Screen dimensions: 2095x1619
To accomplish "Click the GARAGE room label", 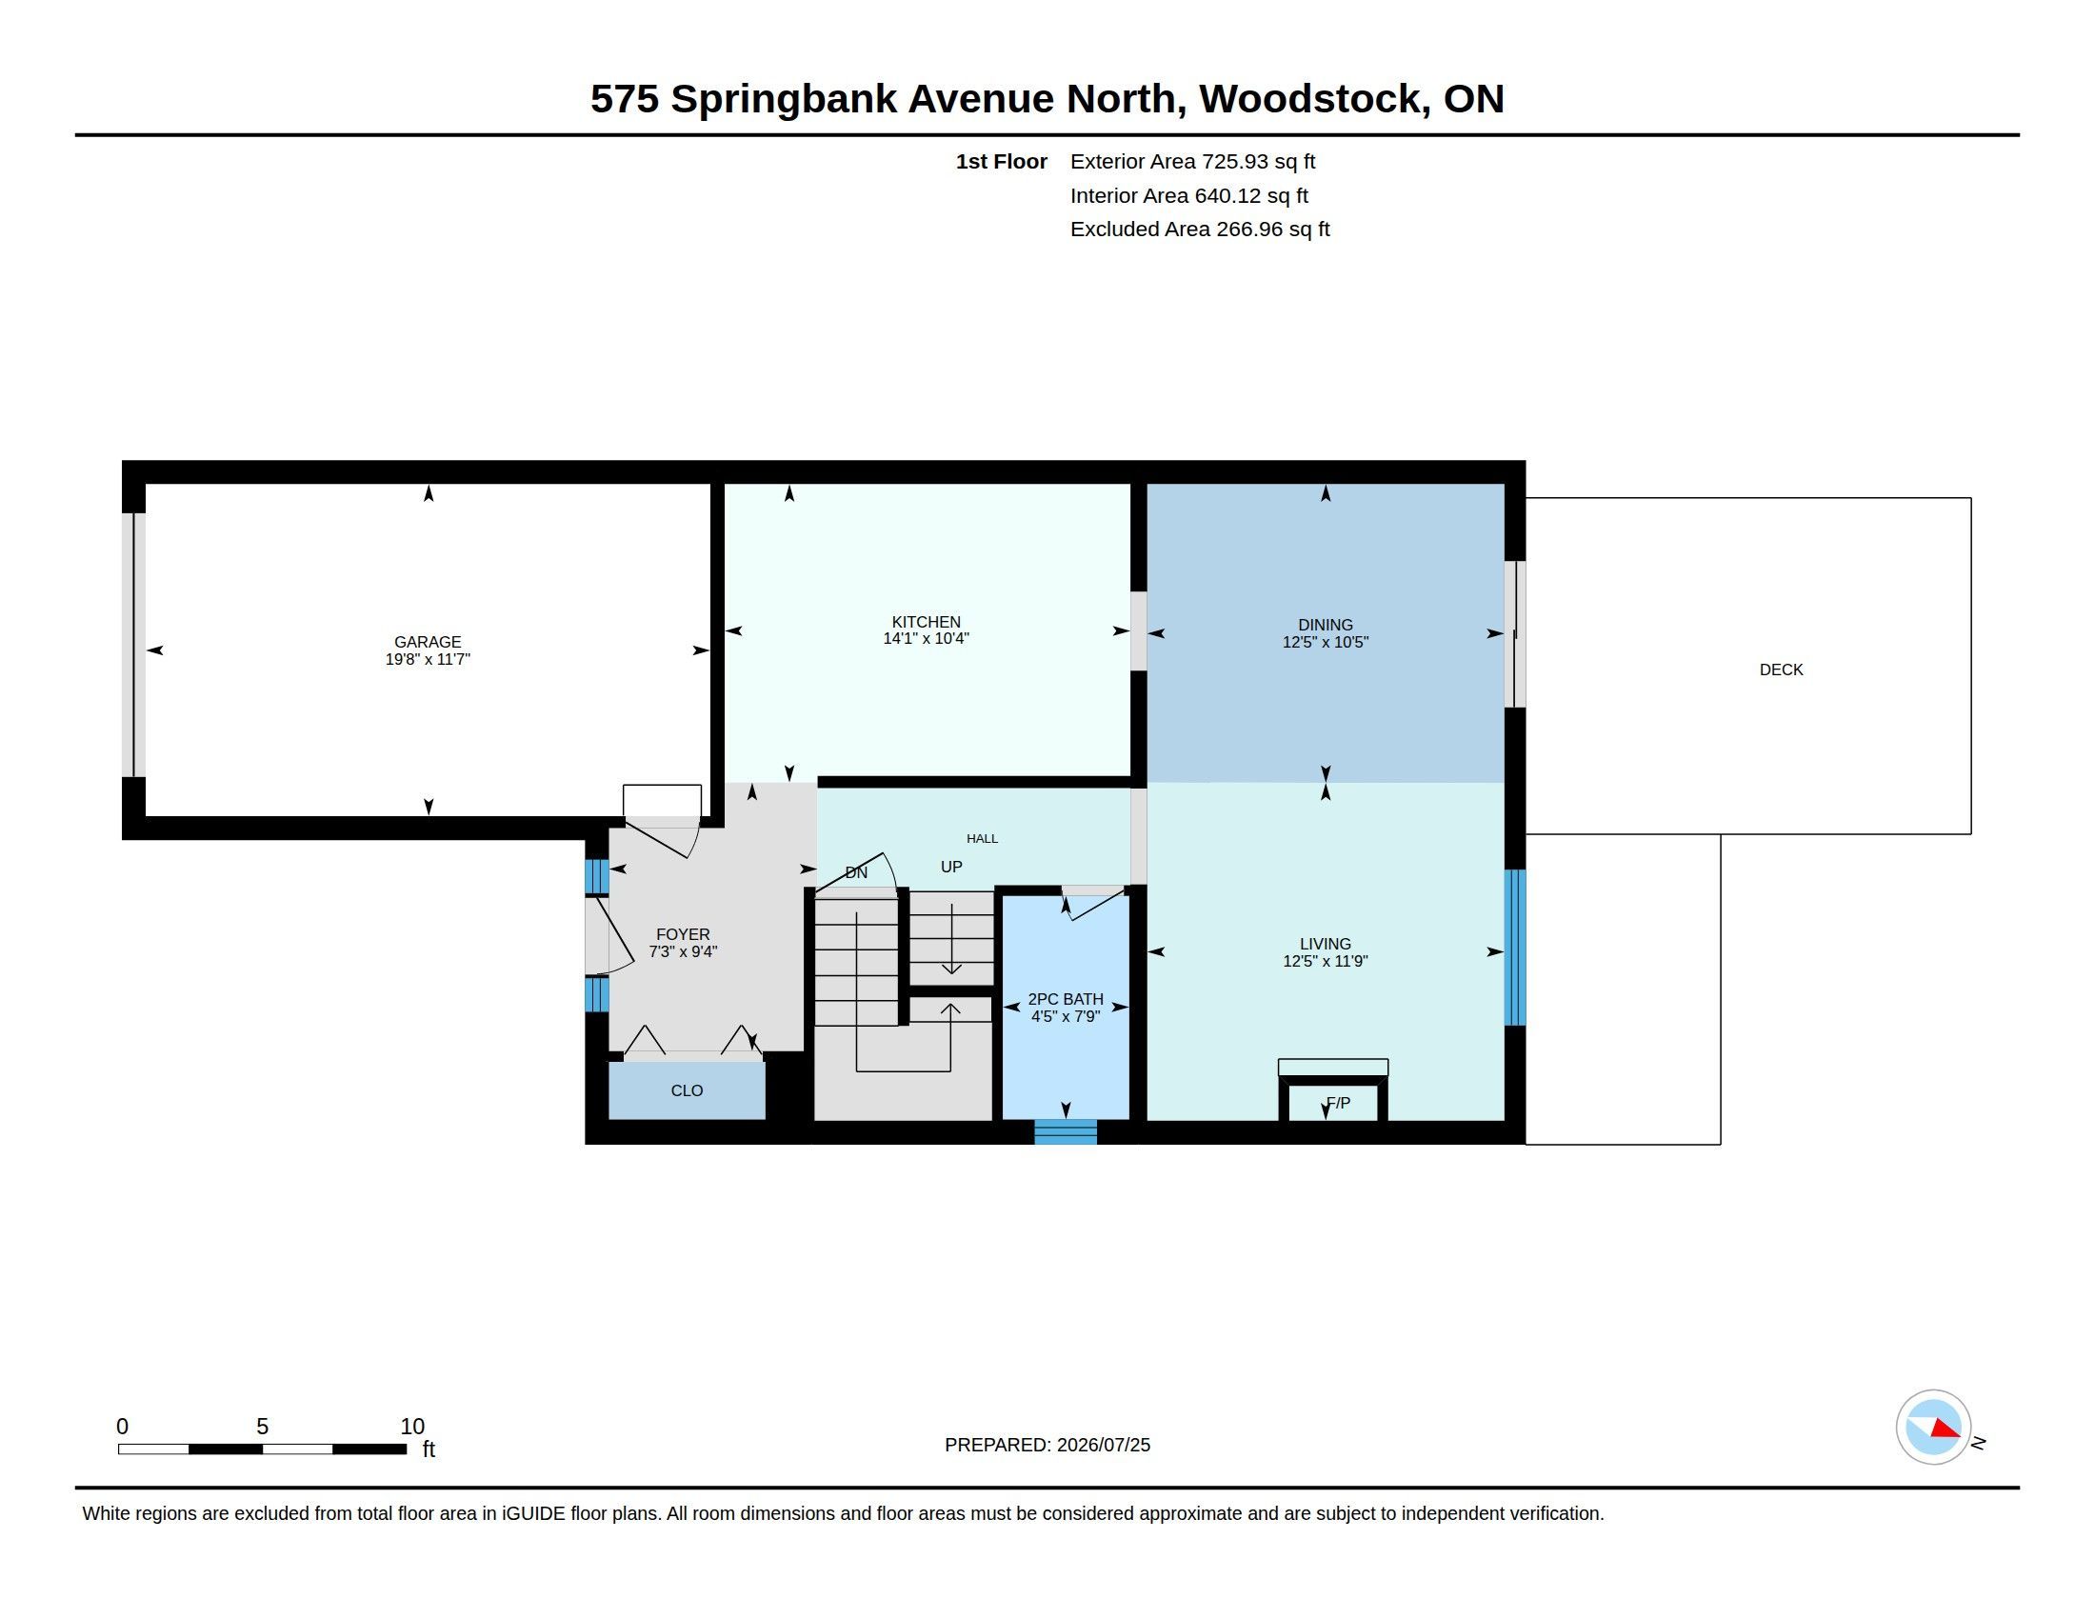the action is (428, 642).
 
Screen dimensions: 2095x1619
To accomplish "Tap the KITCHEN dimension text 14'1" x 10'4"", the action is (926, 639).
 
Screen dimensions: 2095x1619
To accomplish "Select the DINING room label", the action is (1325, 625).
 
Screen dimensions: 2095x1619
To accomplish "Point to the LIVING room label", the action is (1325, 944).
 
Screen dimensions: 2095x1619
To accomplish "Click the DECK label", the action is (1781, 670).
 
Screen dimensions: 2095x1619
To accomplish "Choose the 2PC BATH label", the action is (1065, 998).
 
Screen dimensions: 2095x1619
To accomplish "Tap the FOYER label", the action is (683, 934).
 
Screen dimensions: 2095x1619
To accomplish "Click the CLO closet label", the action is (687, 1090).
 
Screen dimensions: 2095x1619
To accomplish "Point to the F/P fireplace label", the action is (1337, 1103).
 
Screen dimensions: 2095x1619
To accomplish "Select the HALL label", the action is (983, 838).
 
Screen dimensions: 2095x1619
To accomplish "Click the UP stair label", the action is (950, 866).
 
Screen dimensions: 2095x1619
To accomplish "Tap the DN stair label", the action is (856, 871).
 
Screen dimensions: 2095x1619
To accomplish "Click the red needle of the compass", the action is (1945, 1429).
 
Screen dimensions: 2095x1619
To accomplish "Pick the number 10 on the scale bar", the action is (411, 1427).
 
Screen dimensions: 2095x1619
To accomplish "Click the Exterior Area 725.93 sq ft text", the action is (1192, 161).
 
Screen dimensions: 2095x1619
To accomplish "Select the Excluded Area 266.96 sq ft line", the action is (1200, 230).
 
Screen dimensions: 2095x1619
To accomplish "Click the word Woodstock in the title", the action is (1310, 99).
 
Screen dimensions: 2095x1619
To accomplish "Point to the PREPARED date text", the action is (1047, 1445).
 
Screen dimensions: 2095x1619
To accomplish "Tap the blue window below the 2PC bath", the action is (1065, 1131).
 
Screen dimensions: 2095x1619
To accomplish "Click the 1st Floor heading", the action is (1002, 161).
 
